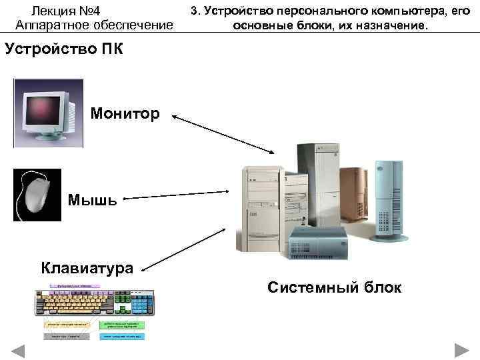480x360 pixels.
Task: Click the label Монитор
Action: click(x=125, y=114)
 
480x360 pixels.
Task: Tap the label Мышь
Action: click(x=93, y=199)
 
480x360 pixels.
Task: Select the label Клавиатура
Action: click(x=87, y=267)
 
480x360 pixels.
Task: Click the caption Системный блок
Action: click(x=334, y=287)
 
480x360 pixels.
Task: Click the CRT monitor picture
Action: click(x=49, y=112)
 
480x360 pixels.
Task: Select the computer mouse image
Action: click(x=37, y=195)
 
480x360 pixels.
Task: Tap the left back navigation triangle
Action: click(x=18, y=350)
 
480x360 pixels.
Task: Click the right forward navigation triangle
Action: click(x=462, y=350)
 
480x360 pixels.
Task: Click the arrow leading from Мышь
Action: click(x=177, y=195)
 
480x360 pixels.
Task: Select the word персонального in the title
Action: click(x=315, y=11)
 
